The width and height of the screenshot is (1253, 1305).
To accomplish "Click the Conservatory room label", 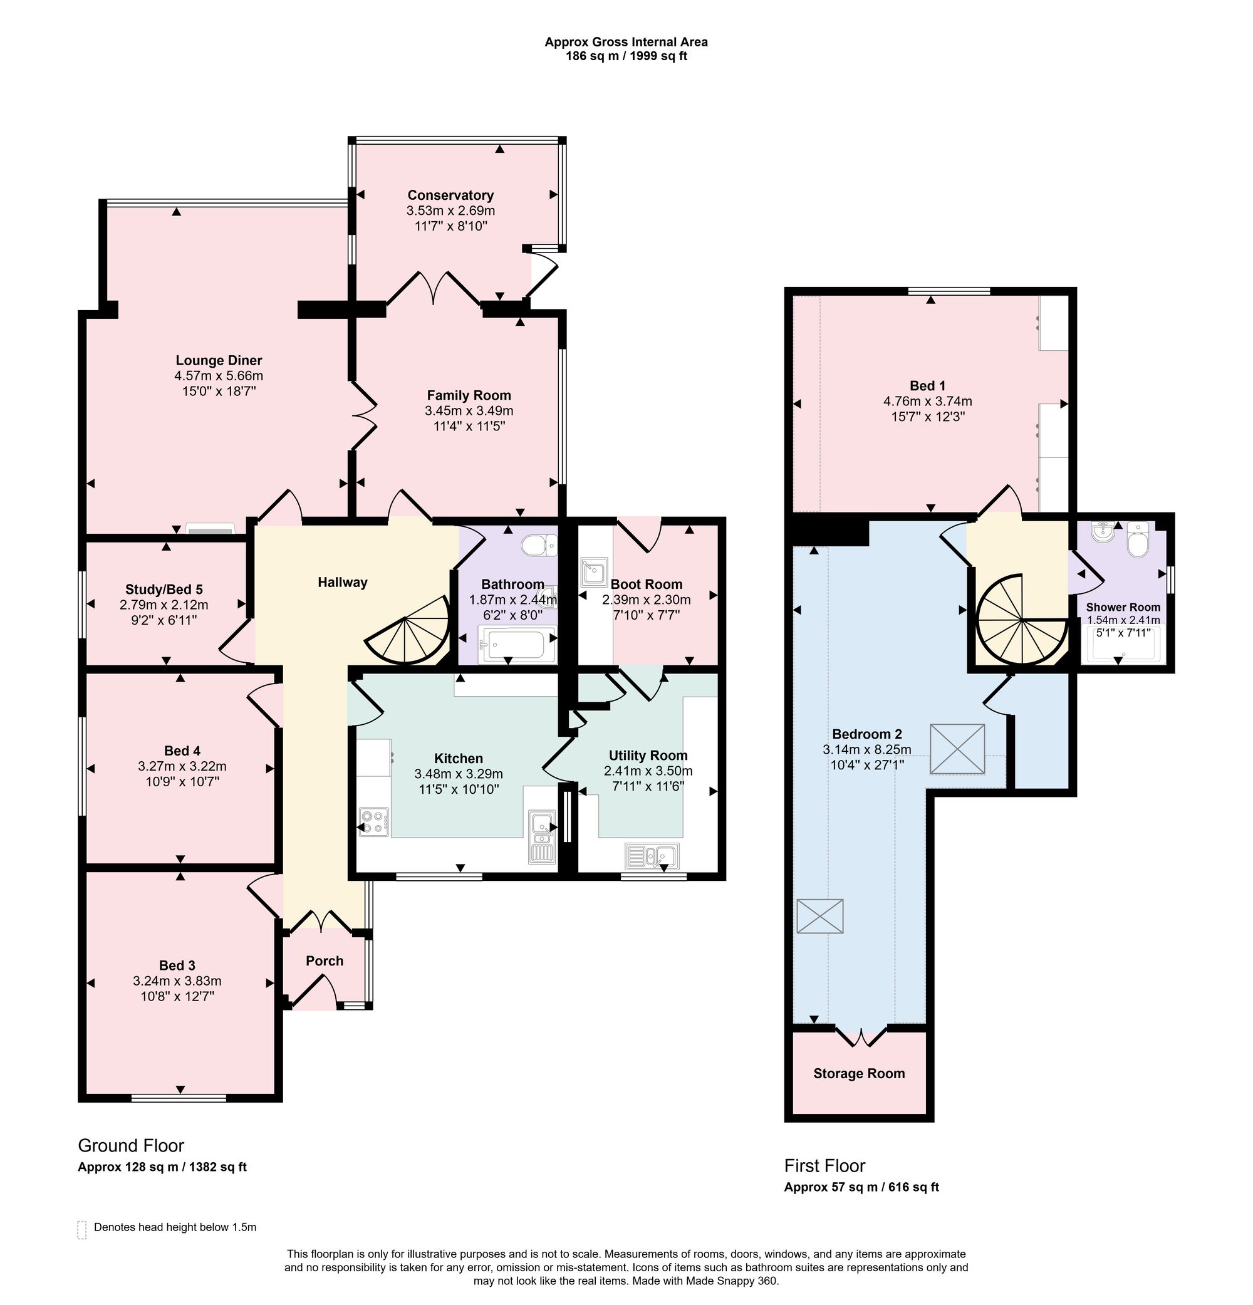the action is [450, 195].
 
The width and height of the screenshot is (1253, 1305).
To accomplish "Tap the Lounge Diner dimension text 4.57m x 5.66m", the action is [219, 375].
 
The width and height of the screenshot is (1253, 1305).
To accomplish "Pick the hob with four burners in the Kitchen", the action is [374, 821].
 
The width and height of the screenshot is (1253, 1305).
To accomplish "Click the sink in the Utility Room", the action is [652, 856].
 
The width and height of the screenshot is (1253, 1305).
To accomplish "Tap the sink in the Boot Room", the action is [595, 571].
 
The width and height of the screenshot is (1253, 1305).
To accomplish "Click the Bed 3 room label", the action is [177, 965].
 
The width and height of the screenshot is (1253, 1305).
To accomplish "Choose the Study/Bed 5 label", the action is [164, 590].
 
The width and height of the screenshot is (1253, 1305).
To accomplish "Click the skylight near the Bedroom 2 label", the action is [957, 749].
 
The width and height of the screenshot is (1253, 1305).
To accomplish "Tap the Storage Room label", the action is [859, 1073].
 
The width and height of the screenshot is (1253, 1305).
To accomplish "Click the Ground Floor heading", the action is [131, 1145].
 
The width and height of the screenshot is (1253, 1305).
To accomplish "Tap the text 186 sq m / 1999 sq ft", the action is [626, 56].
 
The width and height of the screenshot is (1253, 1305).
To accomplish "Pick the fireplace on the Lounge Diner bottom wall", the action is [210, 529].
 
